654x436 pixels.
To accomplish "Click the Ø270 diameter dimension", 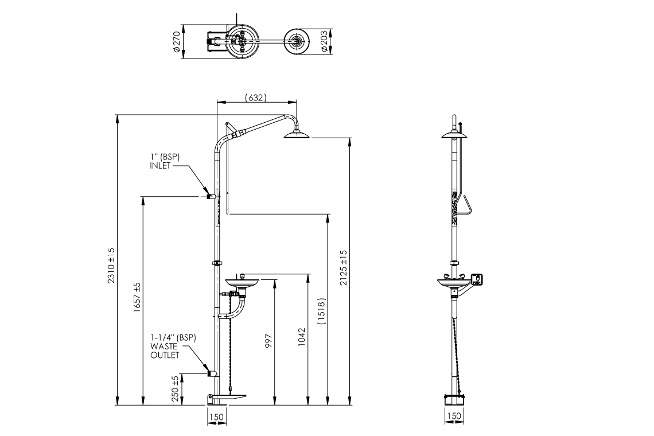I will [177, 41].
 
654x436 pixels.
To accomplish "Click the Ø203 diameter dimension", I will [324, 41].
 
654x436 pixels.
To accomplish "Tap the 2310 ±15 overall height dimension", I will [111, 265].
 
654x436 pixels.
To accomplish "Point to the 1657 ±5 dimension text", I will [137, 297].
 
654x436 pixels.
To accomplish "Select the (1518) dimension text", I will [322, 313].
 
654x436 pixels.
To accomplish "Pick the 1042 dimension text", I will [302, 341].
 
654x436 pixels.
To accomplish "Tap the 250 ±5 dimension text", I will [176, 389].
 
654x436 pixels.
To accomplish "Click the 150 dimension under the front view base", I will [216, 417].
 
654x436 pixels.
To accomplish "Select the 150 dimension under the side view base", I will [453, 416].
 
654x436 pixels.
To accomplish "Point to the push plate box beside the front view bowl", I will [477, 280].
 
